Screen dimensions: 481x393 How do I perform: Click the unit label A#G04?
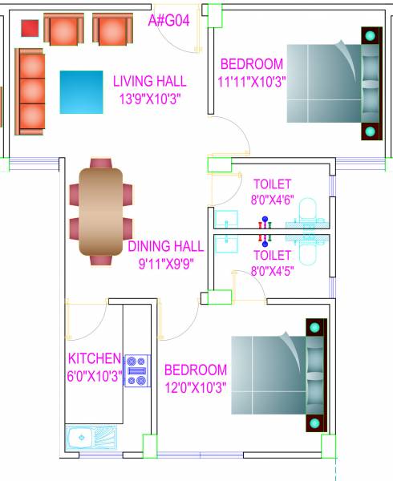(x=168, y=21)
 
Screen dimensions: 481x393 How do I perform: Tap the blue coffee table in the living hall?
(x=81, y=92)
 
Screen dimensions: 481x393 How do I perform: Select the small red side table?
(x=29, y=28)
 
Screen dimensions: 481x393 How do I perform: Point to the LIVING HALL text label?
(x=149, y=81)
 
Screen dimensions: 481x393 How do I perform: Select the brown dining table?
(x=100, y=211)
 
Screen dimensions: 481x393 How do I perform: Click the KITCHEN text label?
(x=94, y=358)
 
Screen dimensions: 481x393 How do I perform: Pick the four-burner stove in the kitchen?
(x=136, y=370)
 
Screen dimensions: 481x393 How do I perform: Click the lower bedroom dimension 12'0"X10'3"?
(x=195, y=387)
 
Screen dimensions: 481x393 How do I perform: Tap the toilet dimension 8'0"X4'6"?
(x=272, y=201)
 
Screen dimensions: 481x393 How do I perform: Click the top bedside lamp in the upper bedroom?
(x=370, y=36)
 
